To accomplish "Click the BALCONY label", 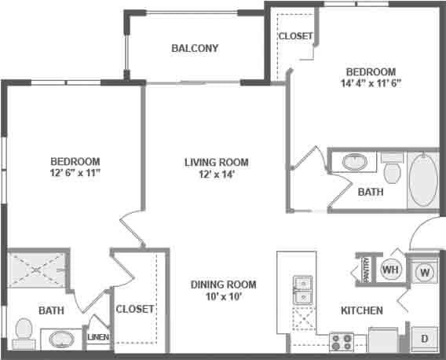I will click(195, 48).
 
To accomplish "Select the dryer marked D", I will click(425, 338).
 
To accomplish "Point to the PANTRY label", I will click(366, 269).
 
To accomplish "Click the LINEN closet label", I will click(98, 337).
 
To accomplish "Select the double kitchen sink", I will click(302, 289).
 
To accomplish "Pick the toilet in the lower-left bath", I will click(24, 333).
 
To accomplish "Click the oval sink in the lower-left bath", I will click(61, 340).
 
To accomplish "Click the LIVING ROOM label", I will click(216, 163).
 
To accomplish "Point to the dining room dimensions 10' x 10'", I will click(222, 298).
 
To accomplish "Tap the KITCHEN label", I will click(361, 310).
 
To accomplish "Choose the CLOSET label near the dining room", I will click(135, 309).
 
